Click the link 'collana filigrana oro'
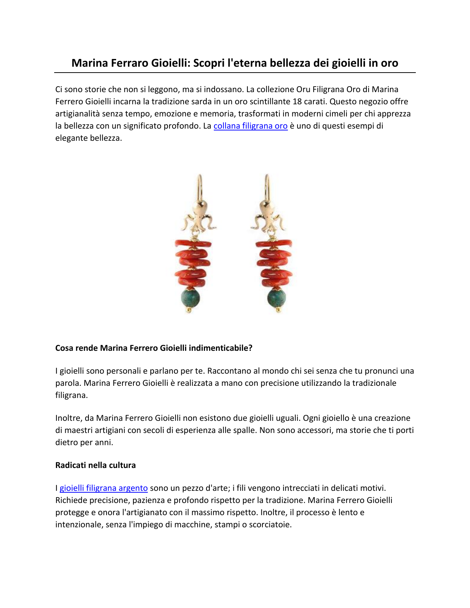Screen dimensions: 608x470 click(x=250, y=126)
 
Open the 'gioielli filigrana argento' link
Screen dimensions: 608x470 click(x=104, y=488)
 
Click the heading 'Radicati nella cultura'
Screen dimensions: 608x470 click(x=95, y=465)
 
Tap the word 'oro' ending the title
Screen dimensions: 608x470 click(x=390, y=63)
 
